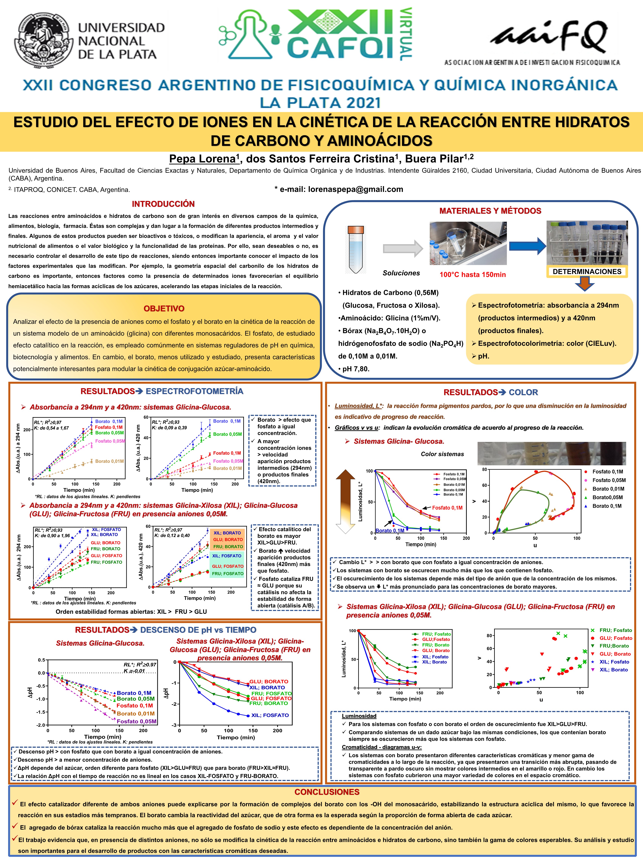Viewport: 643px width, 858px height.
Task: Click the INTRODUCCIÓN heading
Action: tap(163, 204)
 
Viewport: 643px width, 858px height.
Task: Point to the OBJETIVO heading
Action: tap(164, 309)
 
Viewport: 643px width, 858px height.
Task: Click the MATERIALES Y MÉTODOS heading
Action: tap(490, 211)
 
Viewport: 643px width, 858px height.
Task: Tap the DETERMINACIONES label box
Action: tap(587, 271)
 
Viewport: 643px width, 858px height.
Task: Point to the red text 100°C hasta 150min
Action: tap(472, 275)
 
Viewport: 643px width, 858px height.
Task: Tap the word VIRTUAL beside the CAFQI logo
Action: tap(405, 34)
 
